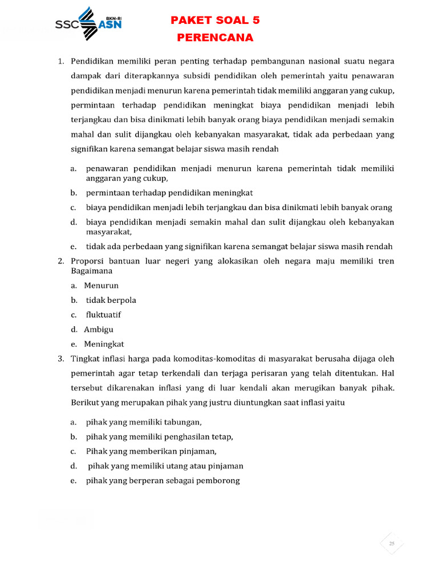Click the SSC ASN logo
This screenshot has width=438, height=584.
coord(88,23)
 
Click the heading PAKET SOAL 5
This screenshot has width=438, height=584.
coord(215,21)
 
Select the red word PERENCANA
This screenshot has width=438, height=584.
coord(215,38)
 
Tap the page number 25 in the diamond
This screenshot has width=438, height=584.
coord(392,544)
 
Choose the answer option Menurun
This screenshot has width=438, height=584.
coord(101,285)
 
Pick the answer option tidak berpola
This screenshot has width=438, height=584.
coord(111,300)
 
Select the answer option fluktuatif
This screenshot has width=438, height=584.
coord(103,315)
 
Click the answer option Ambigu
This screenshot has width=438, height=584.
coord(99,330)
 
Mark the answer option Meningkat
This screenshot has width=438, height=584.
coord(104,344)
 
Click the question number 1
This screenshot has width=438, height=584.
coord(61,60)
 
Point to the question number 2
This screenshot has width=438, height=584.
coord(61,261)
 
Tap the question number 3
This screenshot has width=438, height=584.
coord(61,359)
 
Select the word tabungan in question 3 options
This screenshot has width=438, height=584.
coord(181,422)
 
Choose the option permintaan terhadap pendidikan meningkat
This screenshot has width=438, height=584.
coord(169,192)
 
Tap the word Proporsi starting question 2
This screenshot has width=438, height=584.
coord(87,261)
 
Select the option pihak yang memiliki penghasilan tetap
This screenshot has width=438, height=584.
coord(160,437)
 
